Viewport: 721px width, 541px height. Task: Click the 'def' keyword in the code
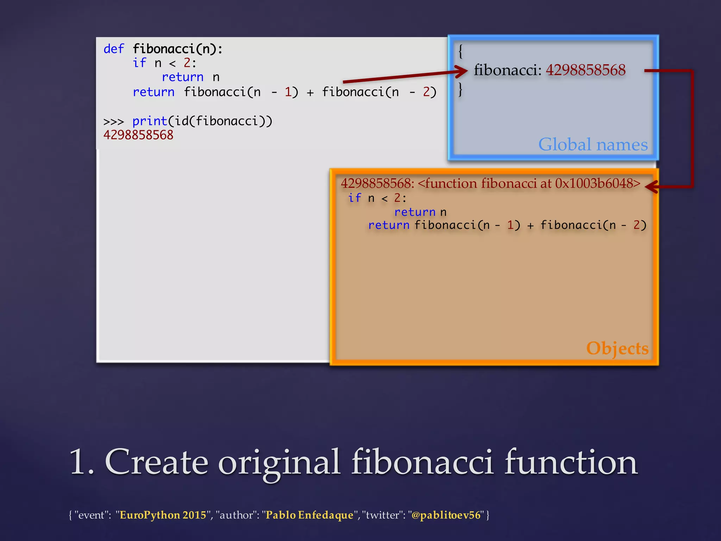tap(113, 49)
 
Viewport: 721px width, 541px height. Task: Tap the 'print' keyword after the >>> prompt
tap(150, 121)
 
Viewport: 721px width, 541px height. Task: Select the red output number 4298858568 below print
tap(138, 135)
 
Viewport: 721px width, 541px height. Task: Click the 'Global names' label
tap(593, 144)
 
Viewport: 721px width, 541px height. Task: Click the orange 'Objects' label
tap(617, 348)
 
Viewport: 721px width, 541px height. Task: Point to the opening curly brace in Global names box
tap(460, 51)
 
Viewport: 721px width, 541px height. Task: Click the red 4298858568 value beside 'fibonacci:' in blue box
tap(586, 70)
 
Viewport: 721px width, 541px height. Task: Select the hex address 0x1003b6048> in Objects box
tap(598, 184)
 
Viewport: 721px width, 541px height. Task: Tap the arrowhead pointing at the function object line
tap(651, 187)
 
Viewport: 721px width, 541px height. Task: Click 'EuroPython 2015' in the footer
tap(163, 515)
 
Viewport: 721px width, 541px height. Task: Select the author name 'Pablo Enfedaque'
tap(309, 515)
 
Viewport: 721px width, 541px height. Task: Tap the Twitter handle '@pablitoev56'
tap(446, 515)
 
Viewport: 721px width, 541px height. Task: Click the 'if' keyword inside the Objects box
tap(355, 198)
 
